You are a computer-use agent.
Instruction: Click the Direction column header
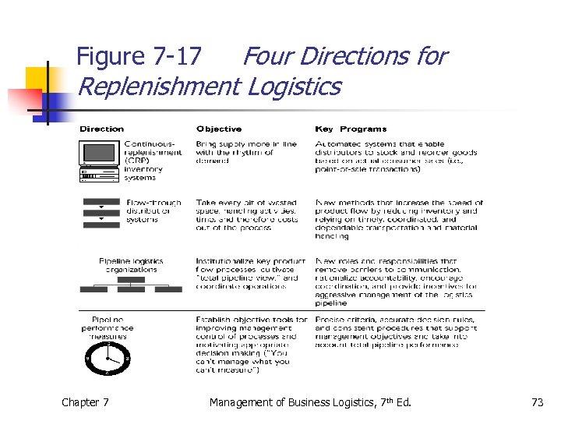pyautogui.click(x=101, y=129)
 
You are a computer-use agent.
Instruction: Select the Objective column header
pyautogui.click(x=219, y=129)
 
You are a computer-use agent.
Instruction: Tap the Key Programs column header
pyautogui.click(x=351, y=129)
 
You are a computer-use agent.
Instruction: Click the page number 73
pyautogui.click(x=537, y=402)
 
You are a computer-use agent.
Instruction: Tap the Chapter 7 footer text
pyautogui.click(x=86, y=402)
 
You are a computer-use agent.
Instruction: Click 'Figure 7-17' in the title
pyautogui.click(x=139, y=57)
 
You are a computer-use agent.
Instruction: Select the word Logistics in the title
pyautogui.click(x=294, y=86)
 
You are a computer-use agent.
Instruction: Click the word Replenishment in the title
pyautogui.click(x=158, y=86)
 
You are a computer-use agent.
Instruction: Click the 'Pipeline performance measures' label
pyautogui.click(x=108, y=328)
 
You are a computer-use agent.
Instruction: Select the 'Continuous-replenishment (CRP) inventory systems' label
pyautogui.click(x=153, y=161)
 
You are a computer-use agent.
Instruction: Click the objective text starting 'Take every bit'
pyautogui.click(x=246, y=215)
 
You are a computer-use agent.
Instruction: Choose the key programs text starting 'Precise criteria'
pyautogui.click(x=394, y=332)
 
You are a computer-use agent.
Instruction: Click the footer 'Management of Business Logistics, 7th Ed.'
pyautogui.click(x=309, y=402)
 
